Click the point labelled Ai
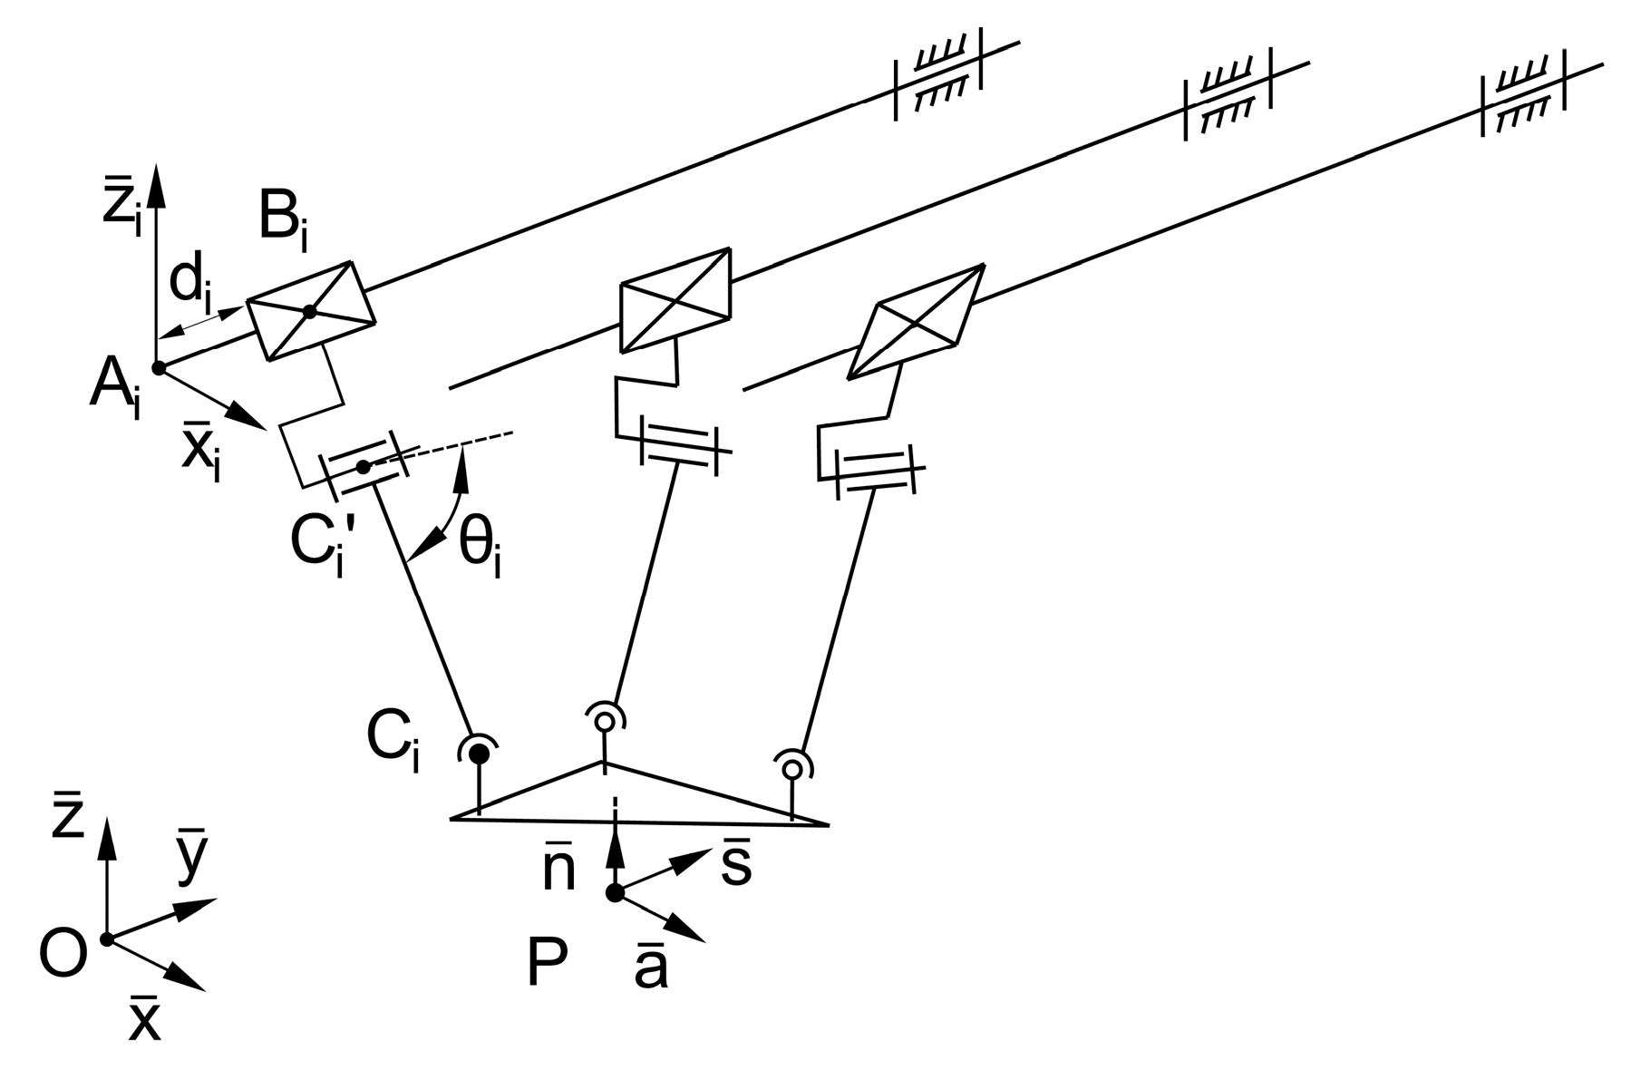point(159,368)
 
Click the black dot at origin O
point(107,939)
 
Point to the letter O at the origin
point(63,954)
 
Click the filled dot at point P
point(615,893)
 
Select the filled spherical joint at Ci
point(479,753)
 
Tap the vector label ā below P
point(651,968)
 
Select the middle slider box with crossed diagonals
point(675,299)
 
